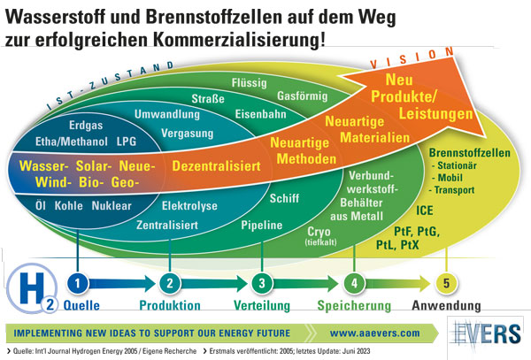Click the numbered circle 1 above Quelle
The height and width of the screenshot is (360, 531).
(79, 283)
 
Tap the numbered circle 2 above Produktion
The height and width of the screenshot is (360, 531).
(169, 283)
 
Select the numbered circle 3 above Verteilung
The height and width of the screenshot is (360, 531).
(261, 283)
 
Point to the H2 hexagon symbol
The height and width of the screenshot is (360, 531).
(24, 289)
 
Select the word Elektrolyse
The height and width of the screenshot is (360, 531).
(189, 204)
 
